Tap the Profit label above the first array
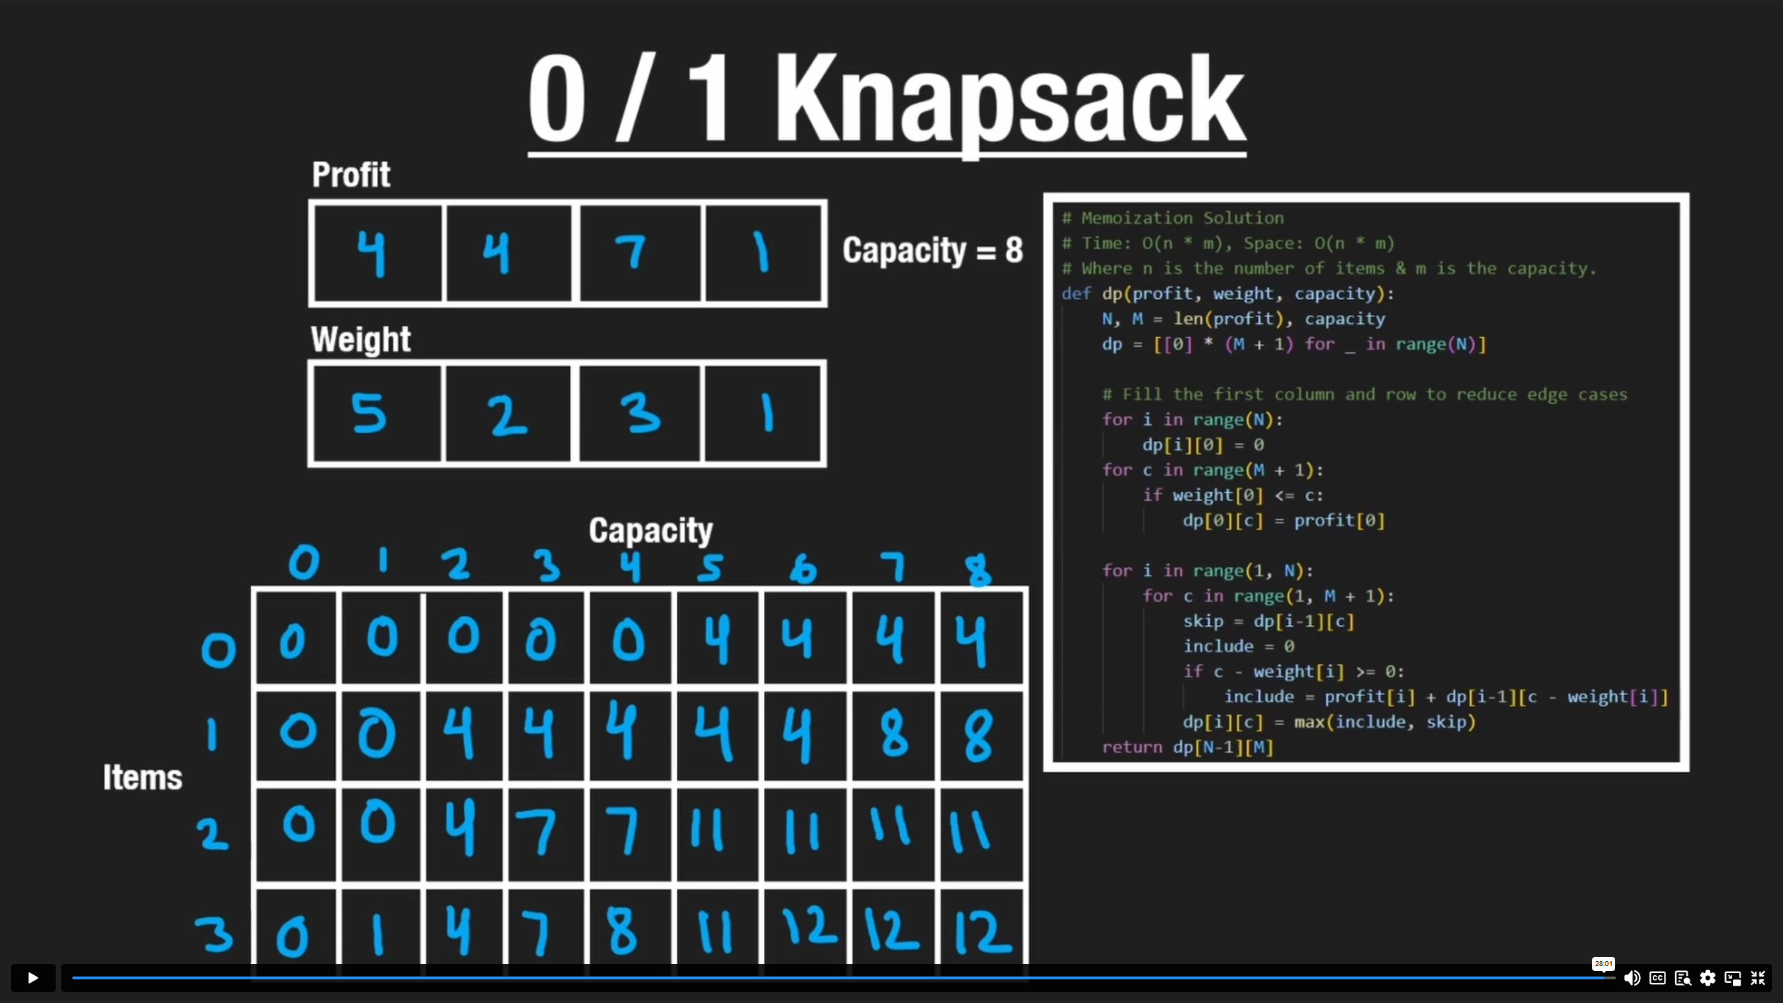click(351, 174)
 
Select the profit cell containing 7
click(639, 252)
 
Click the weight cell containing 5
click(376, 413)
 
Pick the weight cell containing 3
click(639, 413)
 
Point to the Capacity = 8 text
click(932, 250)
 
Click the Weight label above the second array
click(360, 340)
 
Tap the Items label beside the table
click(143, 777)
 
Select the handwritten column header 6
click(803, 568)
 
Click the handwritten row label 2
click(212, 834)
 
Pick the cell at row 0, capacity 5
click(717, 639)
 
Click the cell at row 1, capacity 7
click(894, 735)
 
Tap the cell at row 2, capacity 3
click(545, 834)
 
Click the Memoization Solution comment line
click(1182, 218)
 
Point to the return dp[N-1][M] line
click(1188, 747)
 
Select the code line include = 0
click(1238, 646)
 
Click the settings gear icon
click(1707, 978)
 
